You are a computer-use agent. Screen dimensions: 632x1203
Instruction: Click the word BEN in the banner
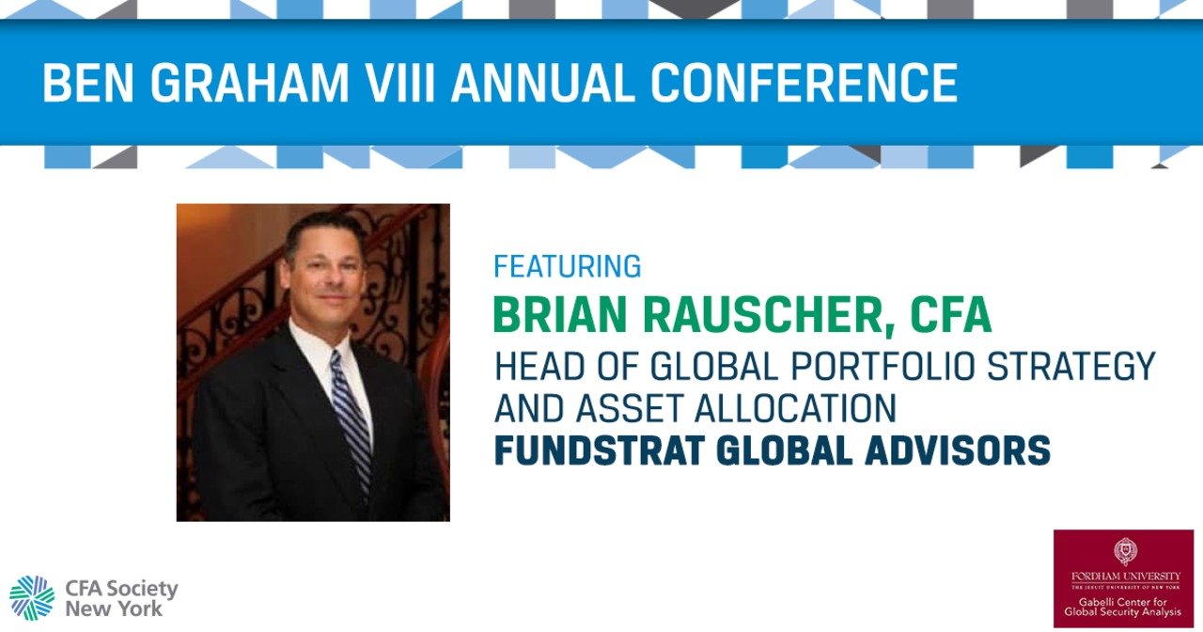pos(89,84)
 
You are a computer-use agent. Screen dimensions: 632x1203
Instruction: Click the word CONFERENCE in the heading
pos(805,84)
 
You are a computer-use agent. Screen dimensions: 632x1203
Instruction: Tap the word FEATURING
pos(567,267)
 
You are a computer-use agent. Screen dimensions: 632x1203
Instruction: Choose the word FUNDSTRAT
pos(599,451)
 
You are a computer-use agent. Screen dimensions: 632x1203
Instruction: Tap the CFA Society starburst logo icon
pos(32,597)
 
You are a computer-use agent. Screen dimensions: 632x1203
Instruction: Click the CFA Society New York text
pos(120,598)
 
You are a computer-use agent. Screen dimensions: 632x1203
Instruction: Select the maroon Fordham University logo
pos(1123,577)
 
